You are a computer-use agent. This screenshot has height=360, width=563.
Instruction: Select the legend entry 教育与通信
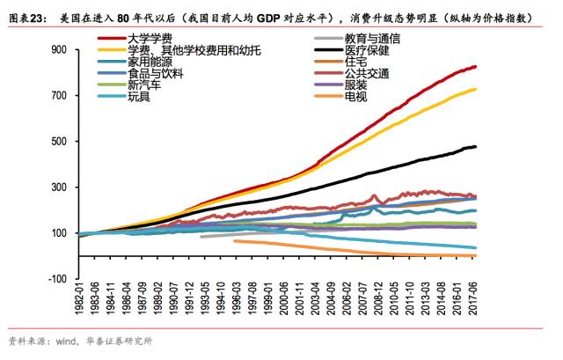pyautogui.click(x=369, y=40)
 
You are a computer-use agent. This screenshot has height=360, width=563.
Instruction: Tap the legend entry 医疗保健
pyautogui.click(x=362, y=51)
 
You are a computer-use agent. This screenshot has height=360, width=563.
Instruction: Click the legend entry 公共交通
pyautogui.click(x=362, y=74)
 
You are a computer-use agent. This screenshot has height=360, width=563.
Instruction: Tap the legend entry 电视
pyautogui.click(x=356, y=97)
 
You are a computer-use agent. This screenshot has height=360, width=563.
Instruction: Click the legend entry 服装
pyautogui.click(x=356, y=85)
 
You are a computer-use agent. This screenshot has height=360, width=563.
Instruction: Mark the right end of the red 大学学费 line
pyautogui.click(x=477, y=67)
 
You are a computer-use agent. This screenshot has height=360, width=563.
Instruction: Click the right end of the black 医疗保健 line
pyautogui.click(x=477, y=146)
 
